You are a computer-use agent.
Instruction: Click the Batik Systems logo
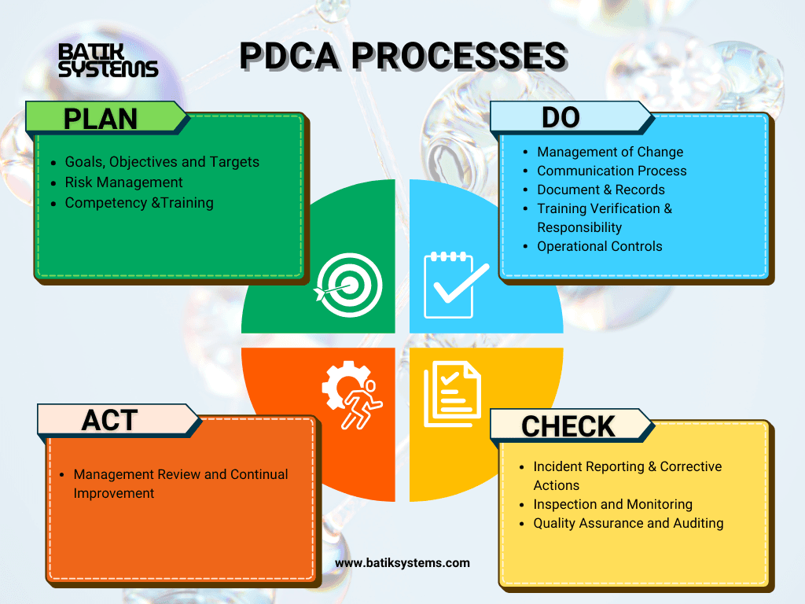108,60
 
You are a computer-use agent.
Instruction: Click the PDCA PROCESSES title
402,56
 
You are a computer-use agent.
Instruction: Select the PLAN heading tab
101,118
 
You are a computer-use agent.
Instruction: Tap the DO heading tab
561,117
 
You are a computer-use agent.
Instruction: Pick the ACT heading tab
110,420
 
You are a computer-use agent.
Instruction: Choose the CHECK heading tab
568,425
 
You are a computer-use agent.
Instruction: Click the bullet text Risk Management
123,182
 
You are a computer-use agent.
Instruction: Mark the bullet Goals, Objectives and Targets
162,162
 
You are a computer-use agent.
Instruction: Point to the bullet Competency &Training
139,203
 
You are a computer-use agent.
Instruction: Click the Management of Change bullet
610,152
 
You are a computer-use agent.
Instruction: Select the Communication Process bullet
612,171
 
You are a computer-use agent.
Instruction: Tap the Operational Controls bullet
599,246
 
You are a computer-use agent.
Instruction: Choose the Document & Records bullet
601,190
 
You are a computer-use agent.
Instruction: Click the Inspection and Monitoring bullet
612,504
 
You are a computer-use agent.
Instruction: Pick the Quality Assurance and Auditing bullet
628,523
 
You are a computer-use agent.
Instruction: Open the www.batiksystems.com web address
402,563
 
